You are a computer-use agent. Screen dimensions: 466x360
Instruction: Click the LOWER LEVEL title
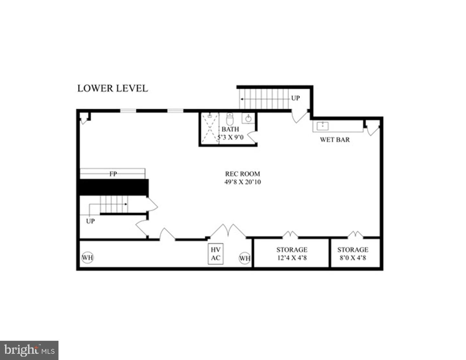tap(113, 88)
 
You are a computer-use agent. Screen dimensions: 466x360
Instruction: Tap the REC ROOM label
tap(242, 174)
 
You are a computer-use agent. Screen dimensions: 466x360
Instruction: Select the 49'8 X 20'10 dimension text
tap(242, 182)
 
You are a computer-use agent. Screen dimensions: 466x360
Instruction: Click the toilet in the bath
tap(230, 119)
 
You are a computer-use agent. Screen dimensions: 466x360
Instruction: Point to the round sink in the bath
tap(248, 118)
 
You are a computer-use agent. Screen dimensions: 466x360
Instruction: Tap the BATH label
tap(230, 129)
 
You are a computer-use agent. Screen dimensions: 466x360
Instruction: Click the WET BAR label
tap(335, 140)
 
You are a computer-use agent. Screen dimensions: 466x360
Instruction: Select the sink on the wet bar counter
tap(323, 126)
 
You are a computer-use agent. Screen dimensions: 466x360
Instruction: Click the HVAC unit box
tap(216, 254)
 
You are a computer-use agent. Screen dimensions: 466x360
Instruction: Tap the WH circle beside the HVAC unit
tap(245, 258)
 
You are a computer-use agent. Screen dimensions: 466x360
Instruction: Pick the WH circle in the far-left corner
tap(87, 257)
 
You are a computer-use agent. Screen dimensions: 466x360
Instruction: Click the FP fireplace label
tap(113, 174)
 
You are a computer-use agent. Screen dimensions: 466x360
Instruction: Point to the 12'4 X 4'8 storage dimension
tap(292, 258)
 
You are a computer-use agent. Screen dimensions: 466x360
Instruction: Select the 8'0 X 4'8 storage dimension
tap(353, 258)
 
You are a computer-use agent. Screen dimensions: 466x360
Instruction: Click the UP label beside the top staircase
tap(295, 98)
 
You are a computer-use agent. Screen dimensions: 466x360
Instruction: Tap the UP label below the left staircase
tap(90, 221)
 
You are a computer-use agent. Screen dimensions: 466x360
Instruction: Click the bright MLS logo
tap(29, 351)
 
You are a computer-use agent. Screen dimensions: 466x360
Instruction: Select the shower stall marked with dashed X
tap(210, 128)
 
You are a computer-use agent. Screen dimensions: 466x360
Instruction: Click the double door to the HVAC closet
tap(228, 231)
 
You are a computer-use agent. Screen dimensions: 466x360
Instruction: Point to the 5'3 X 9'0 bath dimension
tap(230, 137)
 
